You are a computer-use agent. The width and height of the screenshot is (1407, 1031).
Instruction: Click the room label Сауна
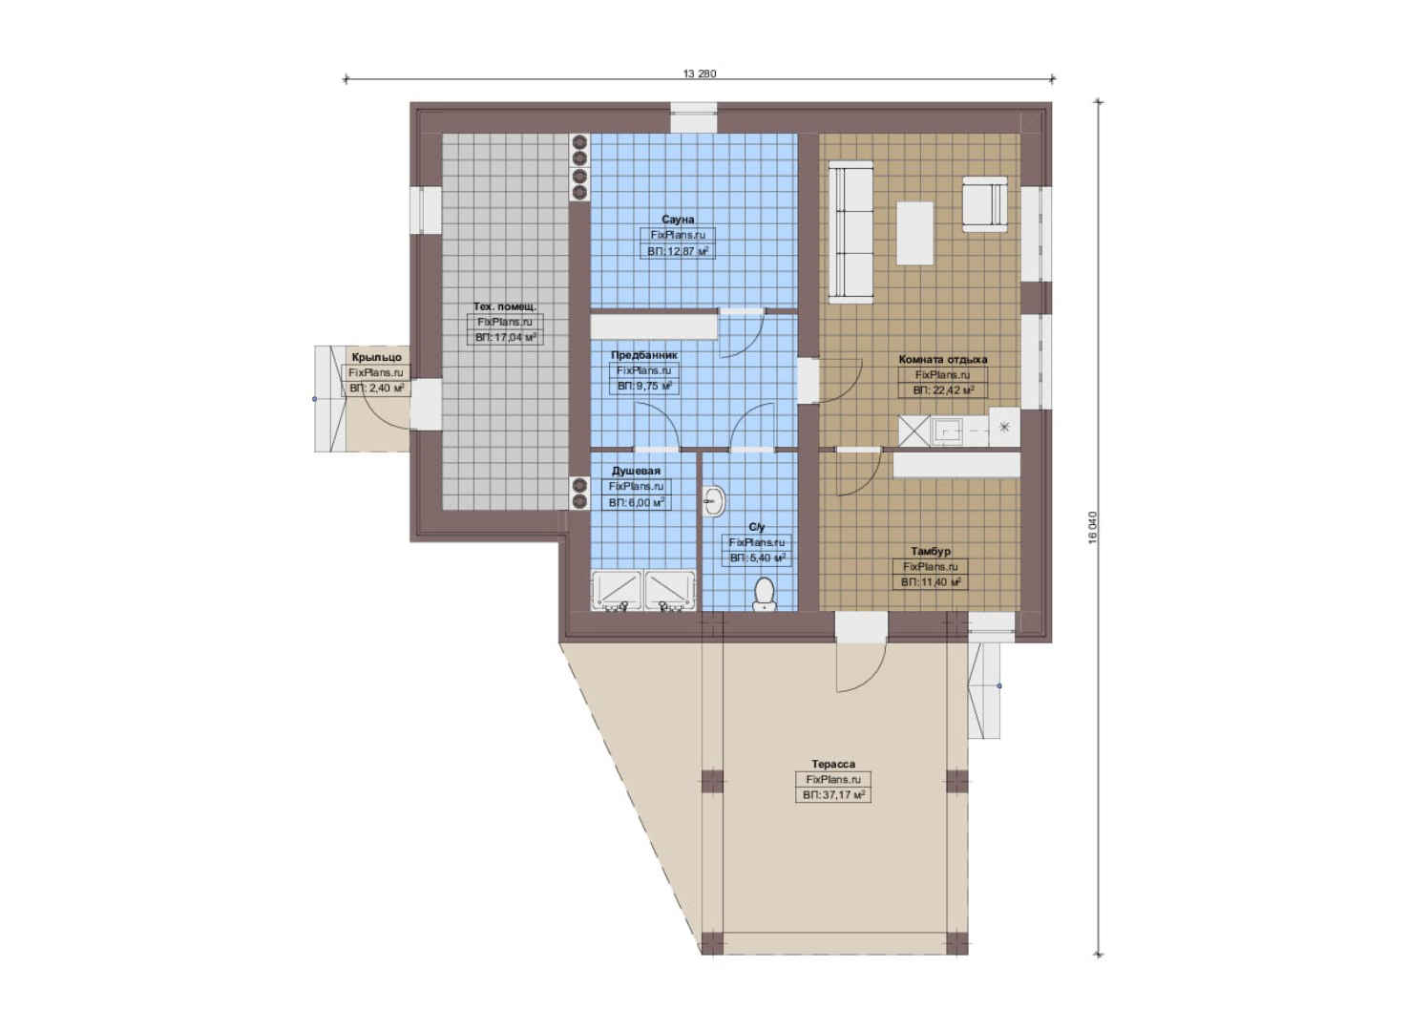pos(678,220)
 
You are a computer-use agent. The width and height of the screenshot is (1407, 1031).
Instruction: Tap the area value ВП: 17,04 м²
pos(506,337)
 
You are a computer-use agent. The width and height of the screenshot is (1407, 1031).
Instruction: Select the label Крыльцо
pos(376,357)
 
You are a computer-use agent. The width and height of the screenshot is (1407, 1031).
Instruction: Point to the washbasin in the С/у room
pos(714,502)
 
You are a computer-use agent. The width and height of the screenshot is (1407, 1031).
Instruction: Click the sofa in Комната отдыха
pos(850,232)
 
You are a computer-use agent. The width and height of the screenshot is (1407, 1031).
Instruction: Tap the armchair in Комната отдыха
pos(984,204)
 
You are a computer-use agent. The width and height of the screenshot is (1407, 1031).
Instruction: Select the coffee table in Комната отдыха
pos(914,233)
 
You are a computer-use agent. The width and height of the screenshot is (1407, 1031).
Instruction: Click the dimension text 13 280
pos(699,74)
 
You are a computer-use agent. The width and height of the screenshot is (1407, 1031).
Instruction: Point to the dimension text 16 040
pos(1092,527)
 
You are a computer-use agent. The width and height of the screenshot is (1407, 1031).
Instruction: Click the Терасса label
pos(833,764)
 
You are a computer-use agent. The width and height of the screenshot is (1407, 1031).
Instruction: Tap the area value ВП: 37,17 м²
pos(833,795)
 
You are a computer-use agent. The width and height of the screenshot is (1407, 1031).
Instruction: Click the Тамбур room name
pos(931,551)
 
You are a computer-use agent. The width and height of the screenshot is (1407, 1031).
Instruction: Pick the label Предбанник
pos(644,355)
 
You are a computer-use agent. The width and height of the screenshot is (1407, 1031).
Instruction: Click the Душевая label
pos(637,471)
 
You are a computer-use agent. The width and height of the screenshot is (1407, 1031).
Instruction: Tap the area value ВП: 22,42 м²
pos(943,390)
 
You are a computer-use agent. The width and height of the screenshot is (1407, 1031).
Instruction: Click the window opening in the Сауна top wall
pos(693,117)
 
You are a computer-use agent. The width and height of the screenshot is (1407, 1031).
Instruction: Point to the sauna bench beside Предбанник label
pos(654,326)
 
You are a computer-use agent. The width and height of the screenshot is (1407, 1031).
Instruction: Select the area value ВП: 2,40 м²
pos(376,389)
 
